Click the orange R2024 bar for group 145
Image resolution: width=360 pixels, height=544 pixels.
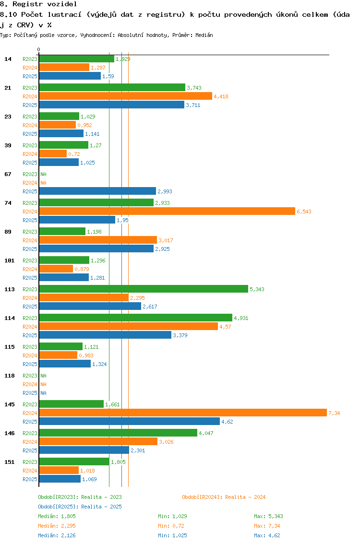tap(183, 413)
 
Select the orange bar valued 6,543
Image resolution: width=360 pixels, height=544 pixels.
tap(167, 211)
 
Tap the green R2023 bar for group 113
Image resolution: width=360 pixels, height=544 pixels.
tap(144, 289)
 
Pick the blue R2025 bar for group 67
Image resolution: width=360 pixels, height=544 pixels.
tap(97, 191)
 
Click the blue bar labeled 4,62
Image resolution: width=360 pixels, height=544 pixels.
tap(130, 422)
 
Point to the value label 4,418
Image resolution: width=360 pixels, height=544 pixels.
tap(221, 96)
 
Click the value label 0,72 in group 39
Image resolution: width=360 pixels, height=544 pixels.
tap(74, 154)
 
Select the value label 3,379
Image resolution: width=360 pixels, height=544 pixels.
tap(180, 335)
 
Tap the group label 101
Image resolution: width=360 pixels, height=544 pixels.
tap(10, 260)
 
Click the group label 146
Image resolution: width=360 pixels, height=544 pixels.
tap(10, 433)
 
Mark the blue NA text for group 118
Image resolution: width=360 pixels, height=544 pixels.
tap(43, 393)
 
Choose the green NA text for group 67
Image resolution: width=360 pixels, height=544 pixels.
tap(43, 174)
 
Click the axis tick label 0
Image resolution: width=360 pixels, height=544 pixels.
tap(38, 49)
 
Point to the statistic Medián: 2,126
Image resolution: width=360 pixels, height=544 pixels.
tap(57, 535)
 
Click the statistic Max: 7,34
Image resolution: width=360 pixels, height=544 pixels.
tap(266, 526)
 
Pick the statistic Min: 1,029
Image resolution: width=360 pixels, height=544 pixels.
tap(172, 516)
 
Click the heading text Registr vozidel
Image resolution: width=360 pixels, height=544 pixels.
tap(45, 4)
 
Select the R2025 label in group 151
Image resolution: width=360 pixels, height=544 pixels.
tap(30, 479)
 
